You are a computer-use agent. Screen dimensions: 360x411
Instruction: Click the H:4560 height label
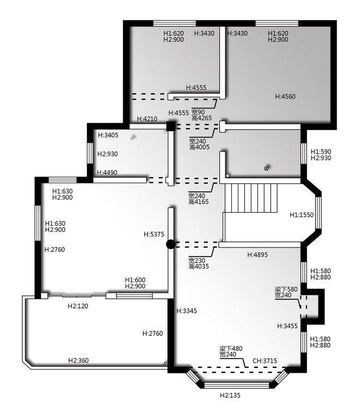[285, 96]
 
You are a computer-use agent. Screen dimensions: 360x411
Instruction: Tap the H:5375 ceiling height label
[154, 234]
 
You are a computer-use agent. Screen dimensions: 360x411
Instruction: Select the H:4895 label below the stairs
[257, 255]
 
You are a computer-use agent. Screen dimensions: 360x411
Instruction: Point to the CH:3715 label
[265, 361]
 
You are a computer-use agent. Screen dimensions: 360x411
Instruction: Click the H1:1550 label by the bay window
[302, 215]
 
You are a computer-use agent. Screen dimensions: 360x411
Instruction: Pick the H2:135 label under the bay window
[230, 395]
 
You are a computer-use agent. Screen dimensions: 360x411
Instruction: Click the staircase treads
[251, 198]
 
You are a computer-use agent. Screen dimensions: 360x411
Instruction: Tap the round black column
[171, 244]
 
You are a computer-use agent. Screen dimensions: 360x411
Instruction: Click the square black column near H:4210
[171, 126]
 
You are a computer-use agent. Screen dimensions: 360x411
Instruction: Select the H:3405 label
[108, 135]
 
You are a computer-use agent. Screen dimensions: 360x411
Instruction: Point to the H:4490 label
[107, 173]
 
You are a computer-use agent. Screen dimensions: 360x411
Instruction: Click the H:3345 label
[187, 311]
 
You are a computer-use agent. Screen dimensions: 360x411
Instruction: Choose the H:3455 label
[287, 326]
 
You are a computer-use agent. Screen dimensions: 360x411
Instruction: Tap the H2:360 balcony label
[79, 361]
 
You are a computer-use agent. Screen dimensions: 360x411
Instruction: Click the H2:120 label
[78, 306]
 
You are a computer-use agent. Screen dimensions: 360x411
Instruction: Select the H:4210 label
[147, 119]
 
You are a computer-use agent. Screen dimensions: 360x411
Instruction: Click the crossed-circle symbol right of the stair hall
[266, 168]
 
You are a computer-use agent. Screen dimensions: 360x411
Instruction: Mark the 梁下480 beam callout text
[231, 349]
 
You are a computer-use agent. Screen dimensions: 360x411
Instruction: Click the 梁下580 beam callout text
[286, 289]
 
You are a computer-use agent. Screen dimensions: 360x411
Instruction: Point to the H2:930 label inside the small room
[107, 154]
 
